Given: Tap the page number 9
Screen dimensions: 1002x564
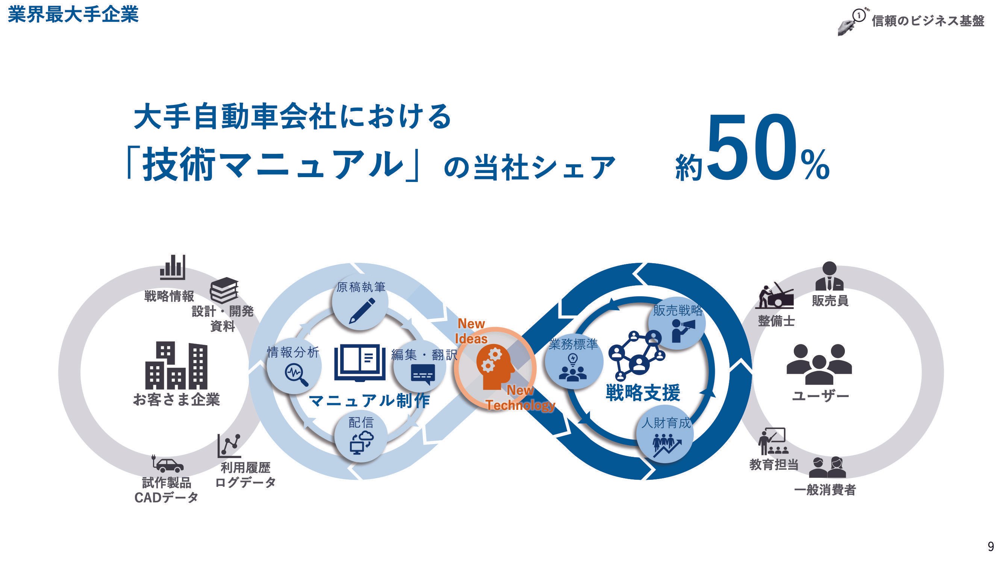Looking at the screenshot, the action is [x=991, y=546].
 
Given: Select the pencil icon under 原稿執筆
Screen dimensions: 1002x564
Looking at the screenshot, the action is [x=362, y=311].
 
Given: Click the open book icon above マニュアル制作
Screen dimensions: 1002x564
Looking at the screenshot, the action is [x=360, y=362].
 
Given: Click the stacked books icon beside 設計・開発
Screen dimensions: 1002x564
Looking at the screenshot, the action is [x=224, y=290].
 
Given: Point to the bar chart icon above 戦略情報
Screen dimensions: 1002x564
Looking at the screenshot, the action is [x=172, y=267].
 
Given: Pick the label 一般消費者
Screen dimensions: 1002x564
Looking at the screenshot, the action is [x=825, y=490].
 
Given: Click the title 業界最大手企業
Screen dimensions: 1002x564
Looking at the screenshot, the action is [x=73, y=15].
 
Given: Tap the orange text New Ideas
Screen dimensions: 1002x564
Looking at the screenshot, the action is [x=471, y=331].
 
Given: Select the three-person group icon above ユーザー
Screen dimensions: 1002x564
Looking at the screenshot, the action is [x=819, y=364].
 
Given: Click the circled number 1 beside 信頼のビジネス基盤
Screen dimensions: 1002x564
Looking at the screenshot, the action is [x=858, y=15].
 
